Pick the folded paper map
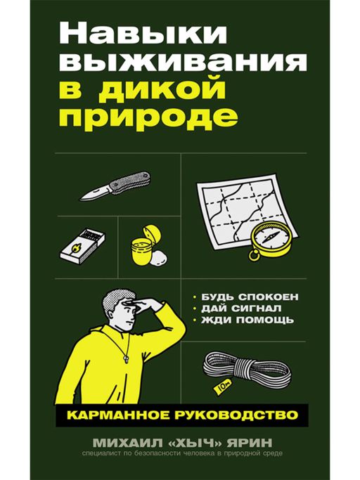point(231,204)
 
